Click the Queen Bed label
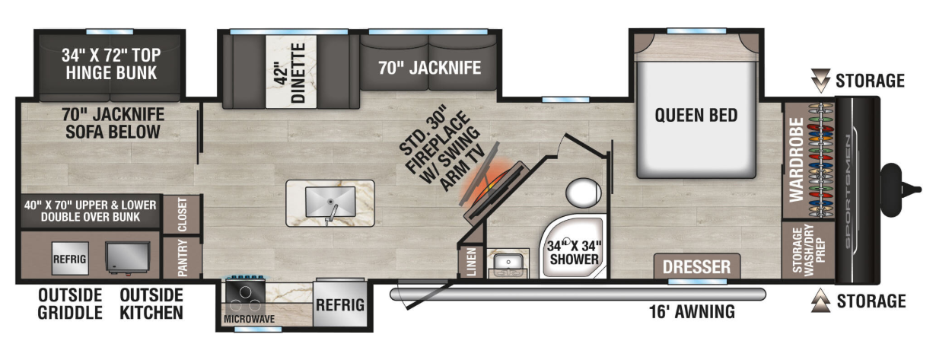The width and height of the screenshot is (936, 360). [696, 116]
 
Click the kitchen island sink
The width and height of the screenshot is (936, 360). [330, 202]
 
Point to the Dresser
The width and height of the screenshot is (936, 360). [696, 266]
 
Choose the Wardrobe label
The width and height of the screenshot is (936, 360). [797, 160]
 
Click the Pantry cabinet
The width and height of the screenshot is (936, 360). [182, 257]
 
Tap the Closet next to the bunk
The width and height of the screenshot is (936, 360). [182, 215]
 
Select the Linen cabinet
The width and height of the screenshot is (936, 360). [471, 262]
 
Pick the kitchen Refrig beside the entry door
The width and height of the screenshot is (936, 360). [339, 304]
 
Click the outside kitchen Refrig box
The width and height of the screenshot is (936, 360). [70, 259]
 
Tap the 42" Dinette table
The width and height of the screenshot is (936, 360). [291, 72]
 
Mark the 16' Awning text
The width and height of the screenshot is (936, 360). [692, 312]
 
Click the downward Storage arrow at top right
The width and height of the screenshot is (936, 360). [820, 81]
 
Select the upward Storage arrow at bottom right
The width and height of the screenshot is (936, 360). [820, 300]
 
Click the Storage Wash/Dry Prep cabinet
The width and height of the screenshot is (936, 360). [808, 250]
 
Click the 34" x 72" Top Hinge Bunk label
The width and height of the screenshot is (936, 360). [111, 64]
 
